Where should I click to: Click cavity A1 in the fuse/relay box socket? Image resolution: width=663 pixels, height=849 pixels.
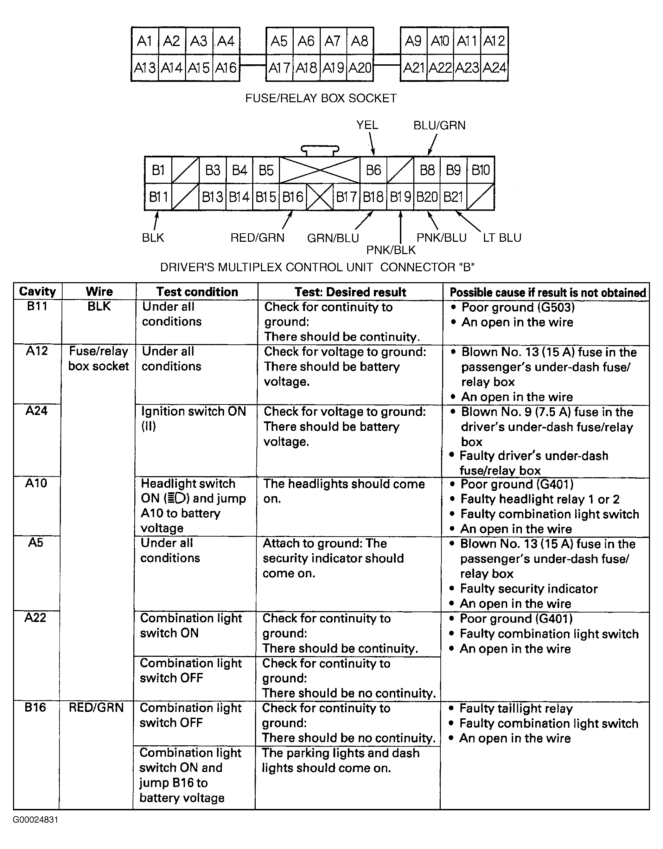[x=145, y=41]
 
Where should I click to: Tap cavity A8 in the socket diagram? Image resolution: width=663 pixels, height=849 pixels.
[x=359, y=41]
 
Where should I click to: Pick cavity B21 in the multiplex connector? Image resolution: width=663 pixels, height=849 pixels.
[x=453, y=197]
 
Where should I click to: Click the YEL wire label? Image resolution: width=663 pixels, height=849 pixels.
[x=367, y=125]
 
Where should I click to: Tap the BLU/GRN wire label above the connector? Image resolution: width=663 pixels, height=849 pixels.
[x=439, y=125]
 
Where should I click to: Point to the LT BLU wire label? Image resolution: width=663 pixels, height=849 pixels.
[x=502, y=238]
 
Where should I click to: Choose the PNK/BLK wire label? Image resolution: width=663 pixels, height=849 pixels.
[x=391, y=250]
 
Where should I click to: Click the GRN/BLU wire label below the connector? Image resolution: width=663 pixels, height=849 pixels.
[x=333, y=238]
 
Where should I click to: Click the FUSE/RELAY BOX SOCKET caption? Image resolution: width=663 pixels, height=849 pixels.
[x=321, y=98]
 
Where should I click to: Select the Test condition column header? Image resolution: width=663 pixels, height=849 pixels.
[x=197, y=292]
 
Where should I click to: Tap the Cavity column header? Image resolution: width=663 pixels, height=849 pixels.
[x=37, y=292]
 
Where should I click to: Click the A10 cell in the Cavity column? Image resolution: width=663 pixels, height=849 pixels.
[x=36, y=483]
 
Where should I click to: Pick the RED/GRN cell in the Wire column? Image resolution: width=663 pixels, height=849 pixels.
[x=96, y=707]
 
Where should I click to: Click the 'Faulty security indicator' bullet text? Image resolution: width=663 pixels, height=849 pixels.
[x=528, y=589]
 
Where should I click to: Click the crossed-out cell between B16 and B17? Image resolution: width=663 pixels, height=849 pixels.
[x=319, y=197]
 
